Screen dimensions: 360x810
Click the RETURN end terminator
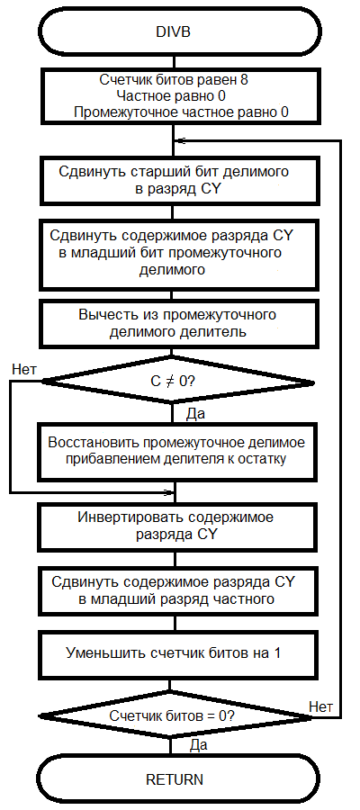(175, 779)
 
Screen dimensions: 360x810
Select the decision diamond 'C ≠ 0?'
(176, 382)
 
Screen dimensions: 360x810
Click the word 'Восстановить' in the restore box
(94, 443)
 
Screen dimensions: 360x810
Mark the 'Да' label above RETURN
(199, 745)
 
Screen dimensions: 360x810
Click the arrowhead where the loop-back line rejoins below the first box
(179, 140)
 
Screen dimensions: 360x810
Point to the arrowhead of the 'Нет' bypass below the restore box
(169, 492)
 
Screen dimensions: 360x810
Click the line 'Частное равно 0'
(171, 96)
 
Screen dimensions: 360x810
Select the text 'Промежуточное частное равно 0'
(181, 112)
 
